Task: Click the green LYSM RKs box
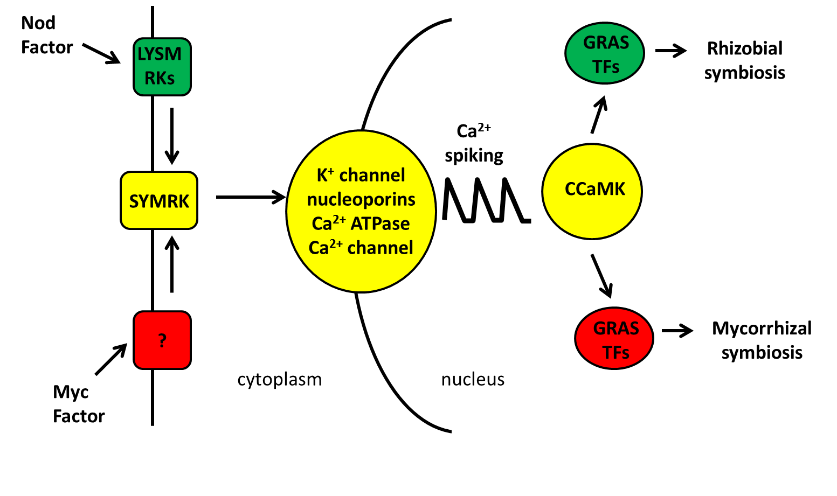(x=162, y=67)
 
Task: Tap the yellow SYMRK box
(x=159, y=201)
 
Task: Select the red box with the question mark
(x=162, y=340)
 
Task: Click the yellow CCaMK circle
(x=592, y=191)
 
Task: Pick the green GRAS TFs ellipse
(x=605, y=54)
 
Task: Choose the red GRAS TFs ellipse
(x=614, y=339)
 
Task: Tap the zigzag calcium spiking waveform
(x=485, y=200)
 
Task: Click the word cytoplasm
(x=279, y=380)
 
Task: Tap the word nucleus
(x=473, y=380)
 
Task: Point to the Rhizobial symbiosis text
(x=744, y=60)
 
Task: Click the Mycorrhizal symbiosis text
(x=761, y=340)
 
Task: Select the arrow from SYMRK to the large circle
(x=250, y=197)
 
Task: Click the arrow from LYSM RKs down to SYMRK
(x=171, y=136)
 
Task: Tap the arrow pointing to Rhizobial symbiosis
(x=670, y=51)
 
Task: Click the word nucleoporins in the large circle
(x=361, y=200)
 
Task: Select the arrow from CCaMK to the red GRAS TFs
(x=602, y=275)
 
